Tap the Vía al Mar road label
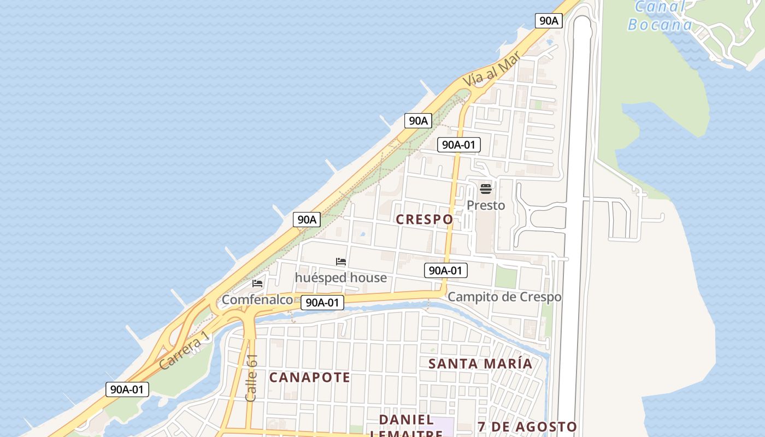tap(491, 70)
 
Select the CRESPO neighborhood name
tap(424, 220)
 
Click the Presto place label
tap(486, 205)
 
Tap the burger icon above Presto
tap(486, 189)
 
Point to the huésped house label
tap(341, 277)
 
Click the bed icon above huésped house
tap(341, 262)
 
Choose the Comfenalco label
tap(257, 299)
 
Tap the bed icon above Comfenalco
tap(257, 284)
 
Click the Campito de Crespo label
tap(504, 297)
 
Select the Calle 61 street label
tap(251, 378)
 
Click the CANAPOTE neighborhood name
tap(309, 377)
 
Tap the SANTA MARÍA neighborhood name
tap(480, 364)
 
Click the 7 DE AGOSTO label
tap(527, 427)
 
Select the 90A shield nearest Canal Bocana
tap(549, 21)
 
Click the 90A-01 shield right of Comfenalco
tap(322, 303)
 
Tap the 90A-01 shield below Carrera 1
tap(127, 389)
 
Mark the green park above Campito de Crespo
tap(506, 277)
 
